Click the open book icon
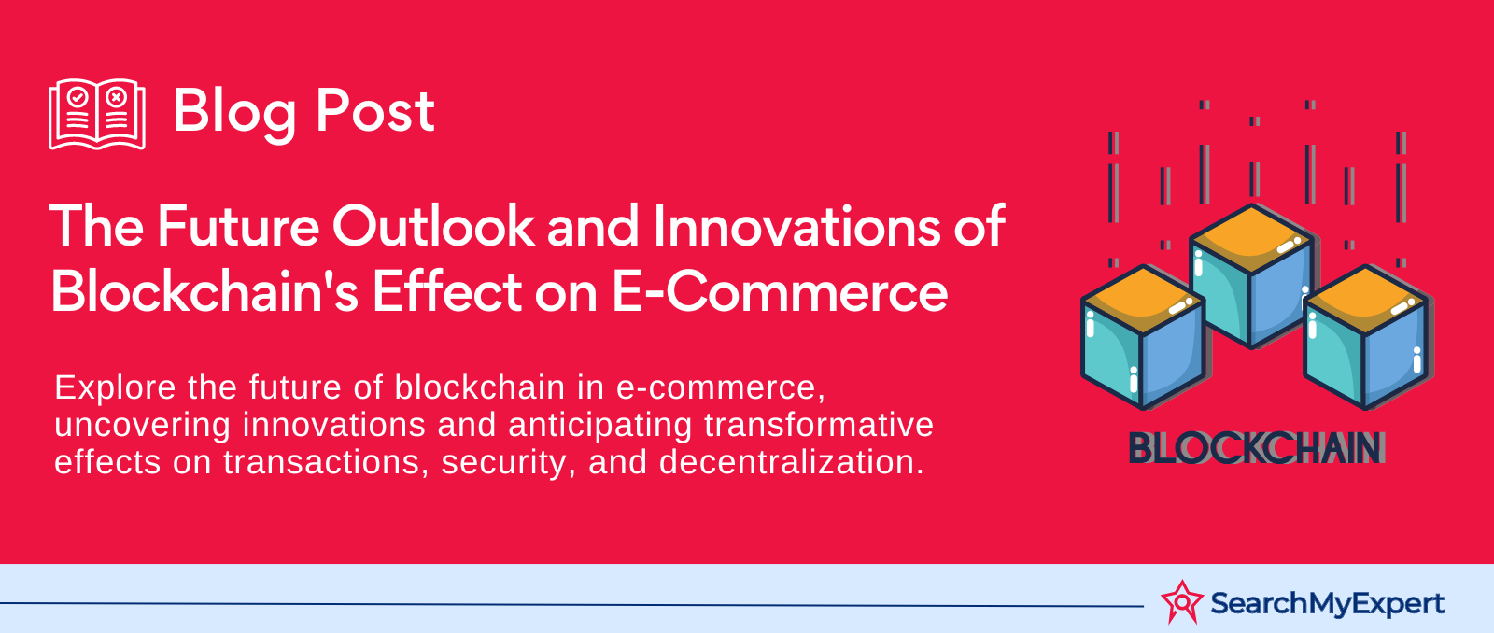(97, 114)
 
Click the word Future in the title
(238, 226)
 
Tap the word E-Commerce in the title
(780, 290)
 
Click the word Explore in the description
(115, 388)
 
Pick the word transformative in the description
(819, 425)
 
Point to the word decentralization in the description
(792, 461)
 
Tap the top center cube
(1251, 275)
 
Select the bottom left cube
(1143, 337)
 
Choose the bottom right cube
(1365, 337)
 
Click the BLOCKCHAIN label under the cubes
(1256, 447)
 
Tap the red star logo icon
(1182, 601)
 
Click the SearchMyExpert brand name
(1327, 604)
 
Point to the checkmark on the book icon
(78, 97)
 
